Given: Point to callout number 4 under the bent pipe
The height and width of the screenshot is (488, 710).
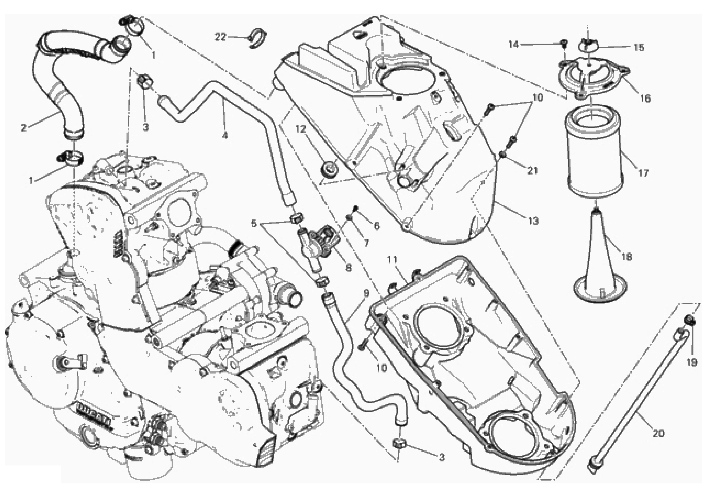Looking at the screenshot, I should [x=225, y=135].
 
